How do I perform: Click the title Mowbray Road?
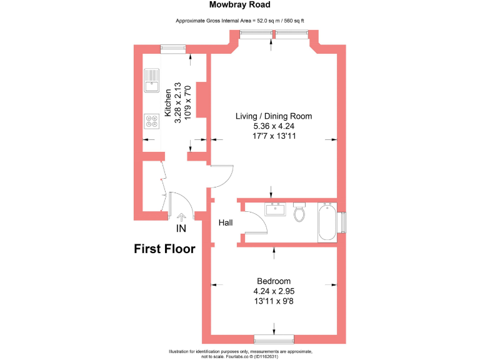click(239, 5)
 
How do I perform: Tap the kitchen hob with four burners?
click(151, 120)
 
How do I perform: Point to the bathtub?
click(327, 222)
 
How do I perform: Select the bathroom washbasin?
click(274, 209)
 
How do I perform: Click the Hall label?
click(226, 222)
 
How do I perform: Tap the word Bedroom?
click(274, 281)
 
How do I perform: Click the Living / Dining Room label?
click(274, 116)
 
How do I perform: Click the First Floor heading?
click(165, 249)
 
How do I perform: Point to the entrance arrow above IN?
click(181, 217)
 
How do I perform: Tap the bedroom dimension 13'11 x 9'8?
click(274, 301)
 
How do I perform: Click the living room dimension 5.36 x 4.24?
click(274, 126)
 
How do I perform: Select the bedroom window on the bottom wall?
click(274, 339)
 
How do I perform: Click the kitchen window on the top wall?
click(172, 47)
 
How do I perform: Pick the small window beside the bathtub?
click(342, 222)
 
